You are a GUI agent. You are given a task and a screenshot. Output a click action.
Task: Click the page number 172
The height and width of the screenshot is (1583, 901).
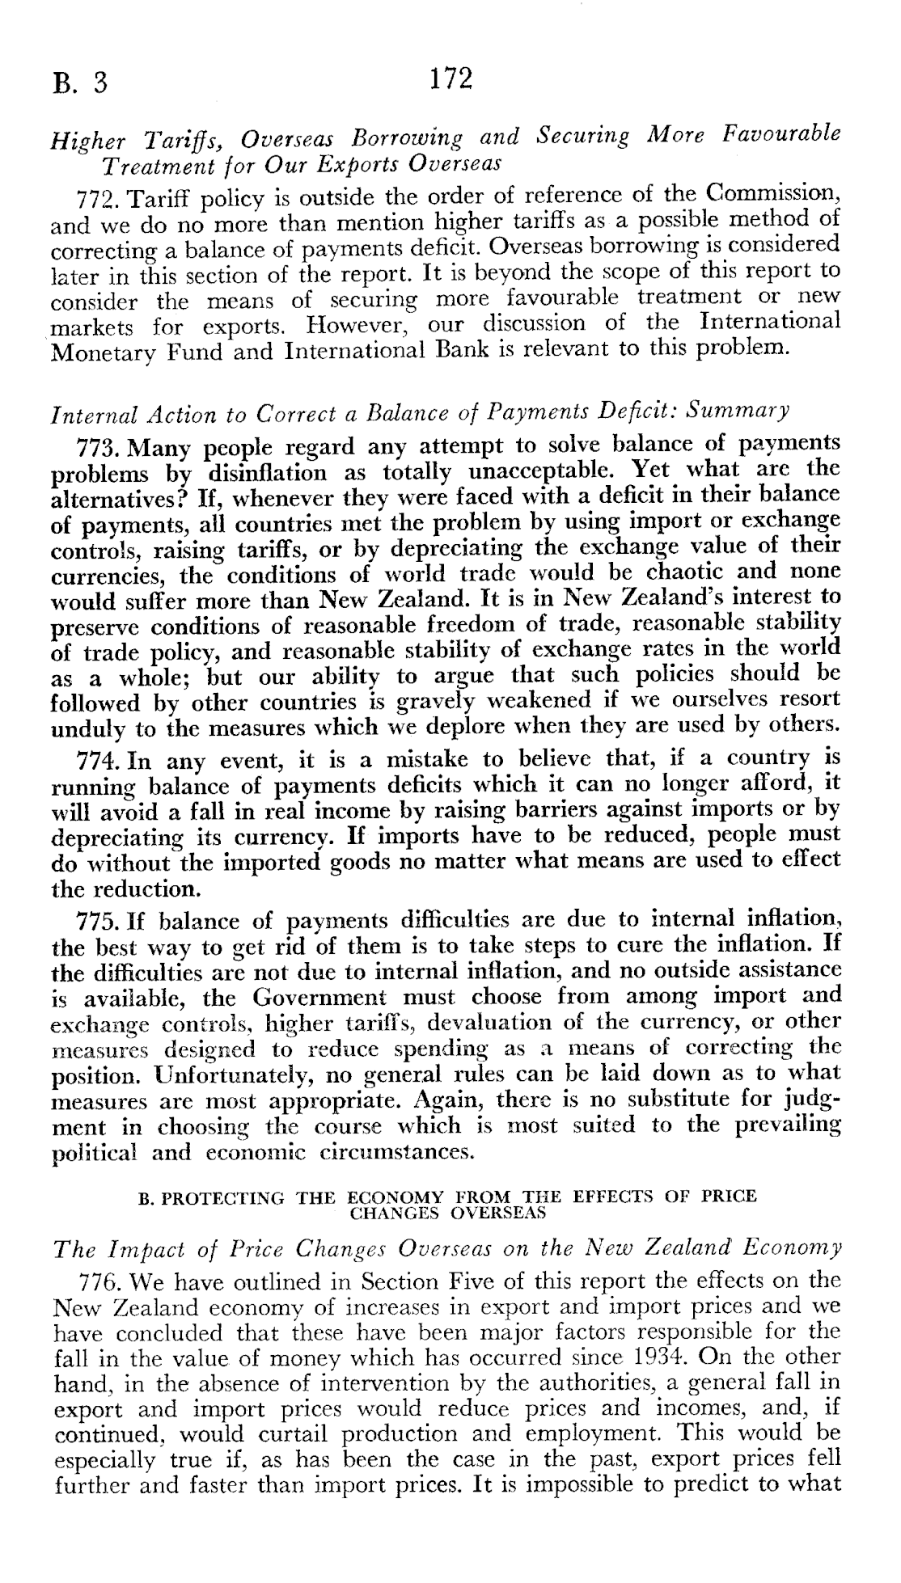pyautogui.click(x=449, y=78)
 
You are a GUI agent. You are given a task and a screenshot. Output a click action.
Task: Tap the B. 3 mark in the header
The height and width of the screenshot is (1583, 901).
pyautogui.click(x=80, y=83)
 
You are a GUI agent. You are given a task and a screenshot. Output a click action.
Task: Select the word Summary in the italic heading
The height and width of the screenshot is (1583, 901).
pyautogui.click(x=737, y=411)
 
